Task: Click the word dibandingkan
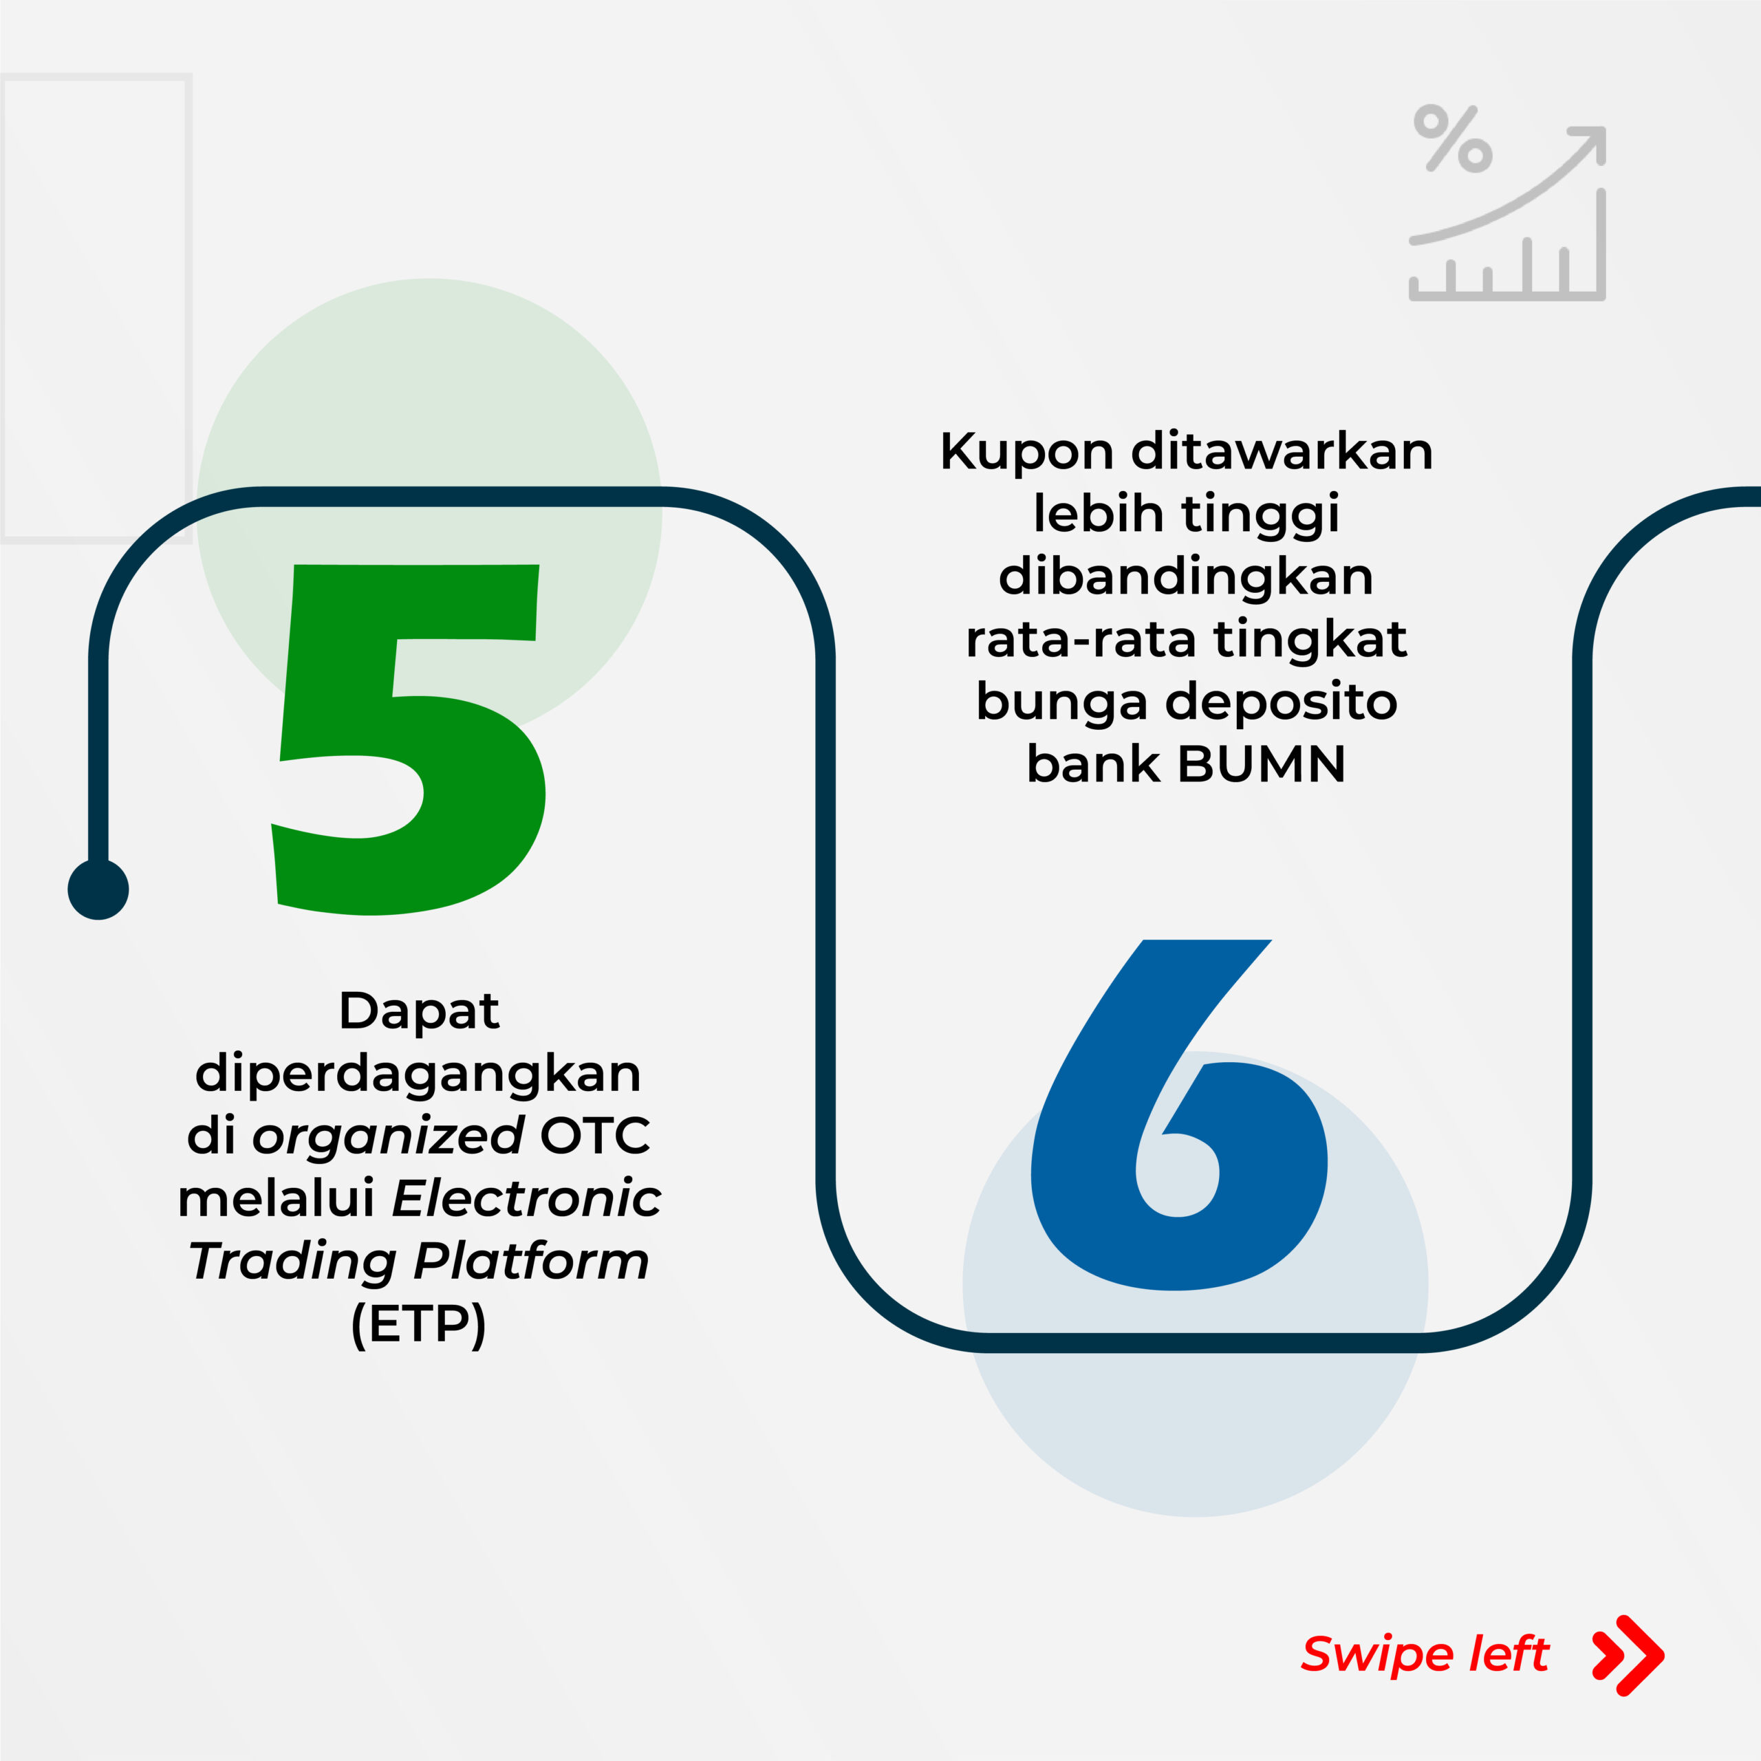[1186, 577]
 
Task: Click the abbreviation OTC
[595, 1136]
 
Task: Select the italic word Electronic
[527, 1198]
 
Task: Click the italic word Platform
[532, 1262]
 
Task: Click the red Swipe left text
[1425, 1654]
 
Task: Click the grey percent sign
[1453, 138]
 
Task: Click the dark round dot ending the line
[98, 889]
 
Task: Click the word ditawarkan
[1282, 452]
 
